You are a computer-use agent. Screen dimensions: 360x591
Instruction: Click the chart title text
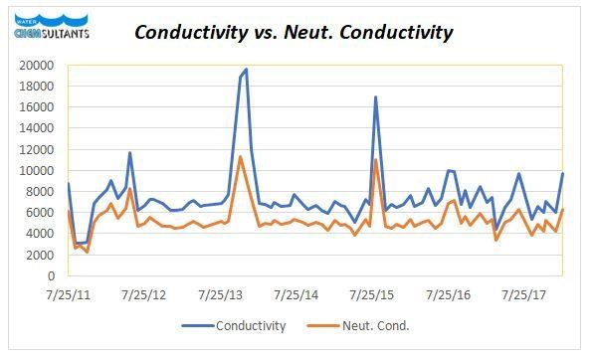(x=294, y=32)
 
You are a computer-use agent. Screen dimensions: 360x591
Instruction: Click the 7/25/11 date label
(x=67, y=295)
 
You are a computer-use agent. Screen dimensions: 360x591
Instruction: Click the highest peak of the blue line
(x=246, y=70)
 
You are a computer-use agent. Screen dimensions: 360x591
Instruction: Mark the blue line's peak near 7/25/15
(x=375, y=97)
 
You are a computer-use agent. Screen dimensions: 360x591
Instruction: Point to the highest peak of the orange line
(x=241, y=156)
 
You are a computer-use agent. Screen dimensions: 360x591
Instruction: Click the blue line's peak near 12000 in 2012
(x=130, y=153)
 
